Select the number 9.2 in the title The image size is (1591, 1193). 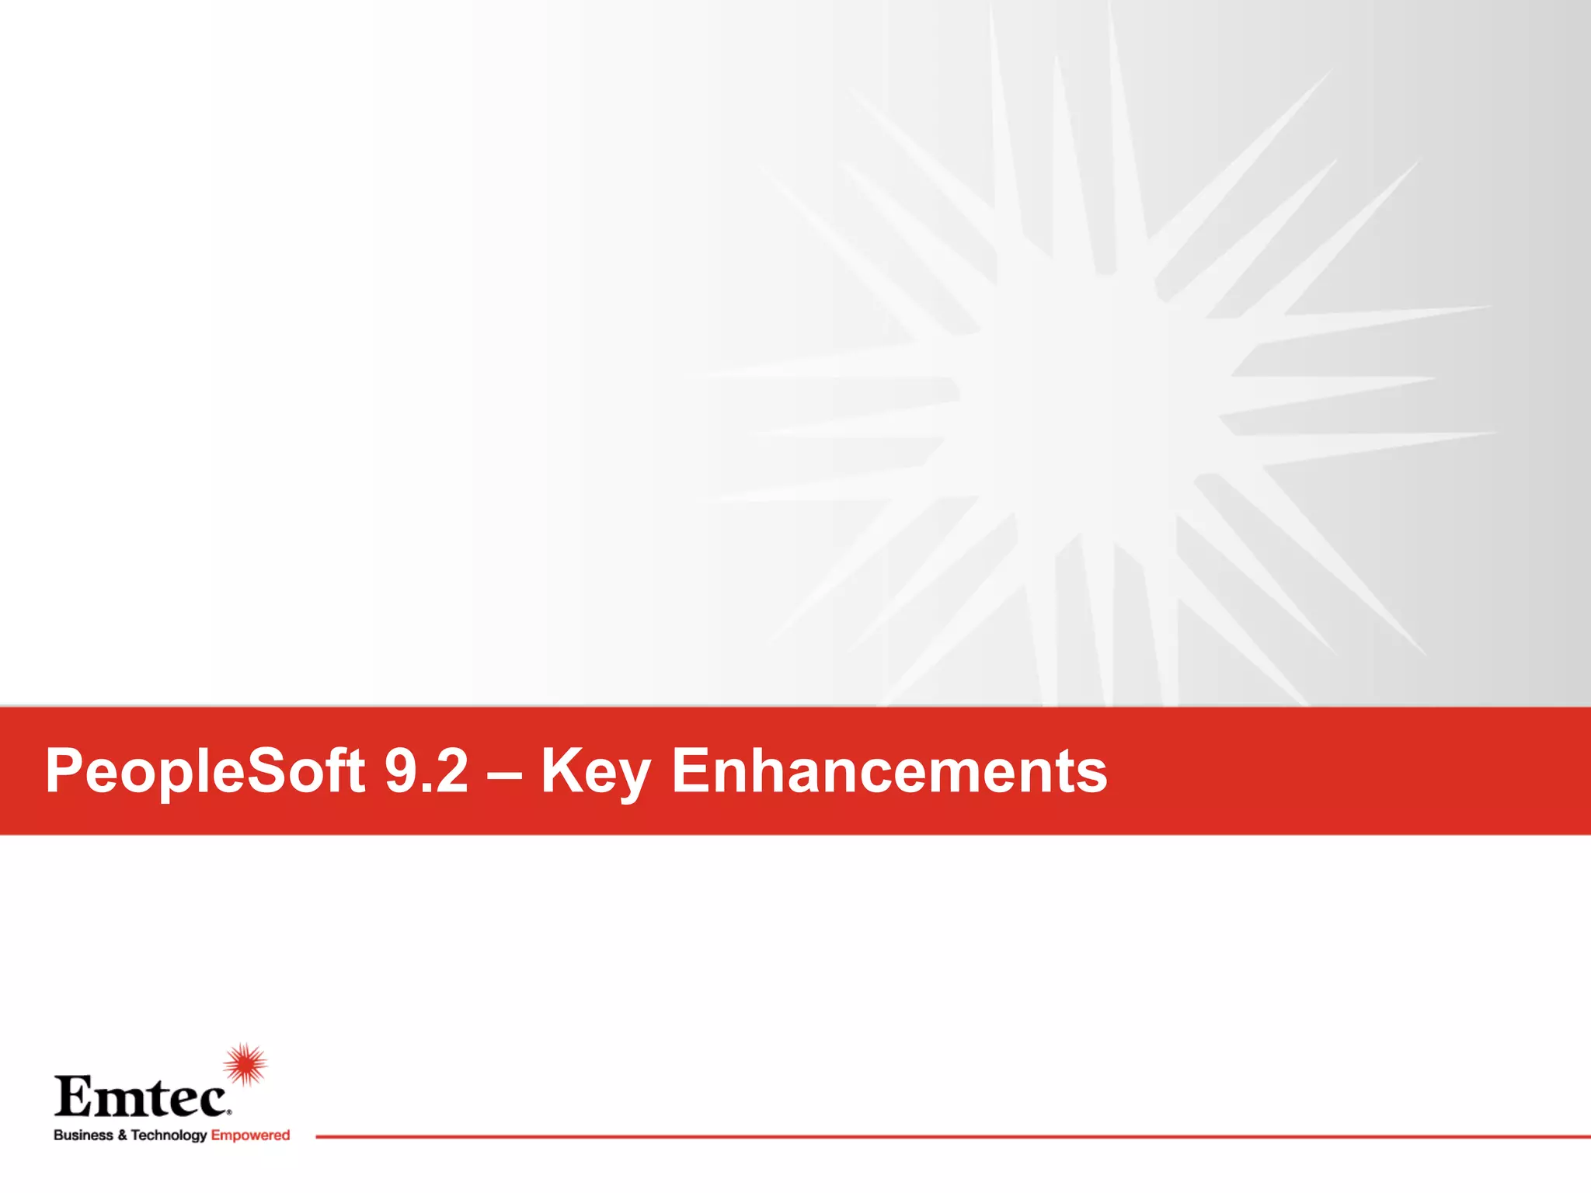tap(426, 770)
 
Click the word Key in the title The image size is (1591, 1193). tap(595, 772)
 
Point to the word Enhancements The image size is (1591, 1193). tap(889, 770)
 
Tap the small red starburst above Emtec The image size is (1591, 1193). tap(245, 1064)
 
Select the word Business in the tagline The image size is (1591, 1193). tap(83, 1135)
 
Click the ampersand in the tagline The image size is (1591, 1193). tap(122, 1136)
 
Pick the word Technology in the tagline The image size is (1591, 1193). tap(169, 1136)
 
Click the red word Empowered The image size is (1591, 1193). tap(250, 1136)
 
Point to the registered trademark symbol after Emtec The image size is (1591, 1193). tap(228, 1112)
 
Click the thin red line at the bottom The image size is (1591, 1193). tap(932, 1136)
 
